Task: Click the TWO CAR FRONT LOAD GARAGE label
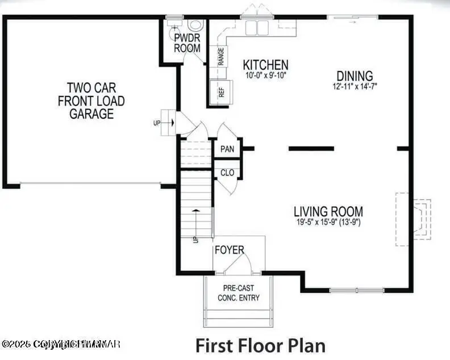click(x=91, y=101)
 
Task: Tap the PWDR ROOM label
click(x=187, y=43)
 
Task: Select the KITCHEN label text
click(x=265, y=65)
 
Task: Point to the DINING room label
click(x=355, y=76)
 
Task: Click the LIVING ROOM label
click(x=328, y=212)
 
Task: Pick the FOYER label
click(x=229, y=250)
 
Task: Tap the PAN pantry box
click(x=227, y=149)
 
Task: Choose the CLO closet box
click(x=227, y=173)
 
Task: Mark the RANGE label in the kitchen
click(x=220, y=56)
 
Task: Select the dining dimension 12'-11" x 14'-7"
click(x=355, y=86)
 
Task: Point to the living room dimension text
click(x=328, y=223)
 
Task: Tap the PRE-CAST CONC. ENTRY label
click(x=239, y=293)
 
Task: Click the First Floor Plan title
click(x=261, y=345)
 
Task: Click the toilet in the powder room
click(x=195, y=26)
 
